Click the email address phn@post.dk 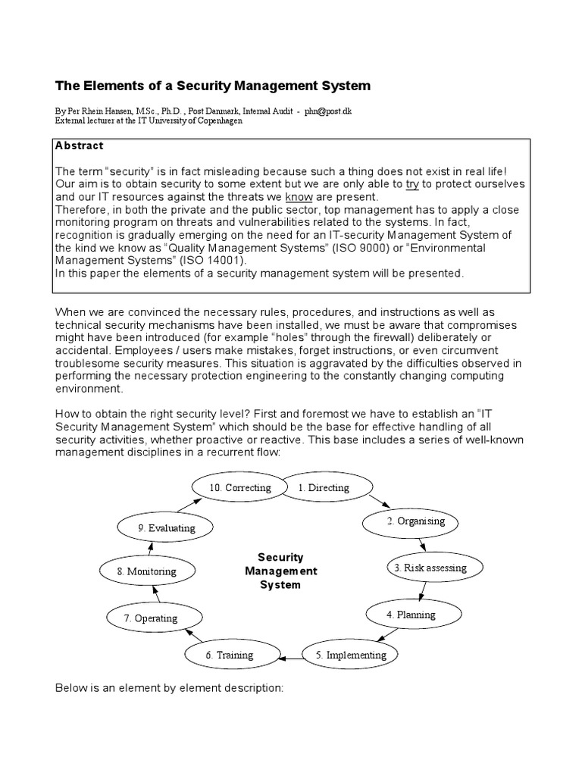pos(328,111)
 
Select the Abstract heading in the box pos(80,145)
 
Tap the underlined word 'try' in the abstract pos(413,183)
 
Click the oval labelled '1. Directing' pos(324,488)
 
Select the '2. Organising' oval pos(416,521)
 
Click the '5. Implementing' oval pos(351,655)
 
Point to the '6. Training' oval pos(230,655)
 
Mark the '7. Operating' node pos(151,618)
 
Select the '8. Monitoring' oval pos(147,571)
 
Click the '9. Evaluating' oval pos(167,527)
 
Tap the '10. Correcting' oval pos(239,488)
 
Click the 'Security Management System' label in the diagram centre pos(280,571)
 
